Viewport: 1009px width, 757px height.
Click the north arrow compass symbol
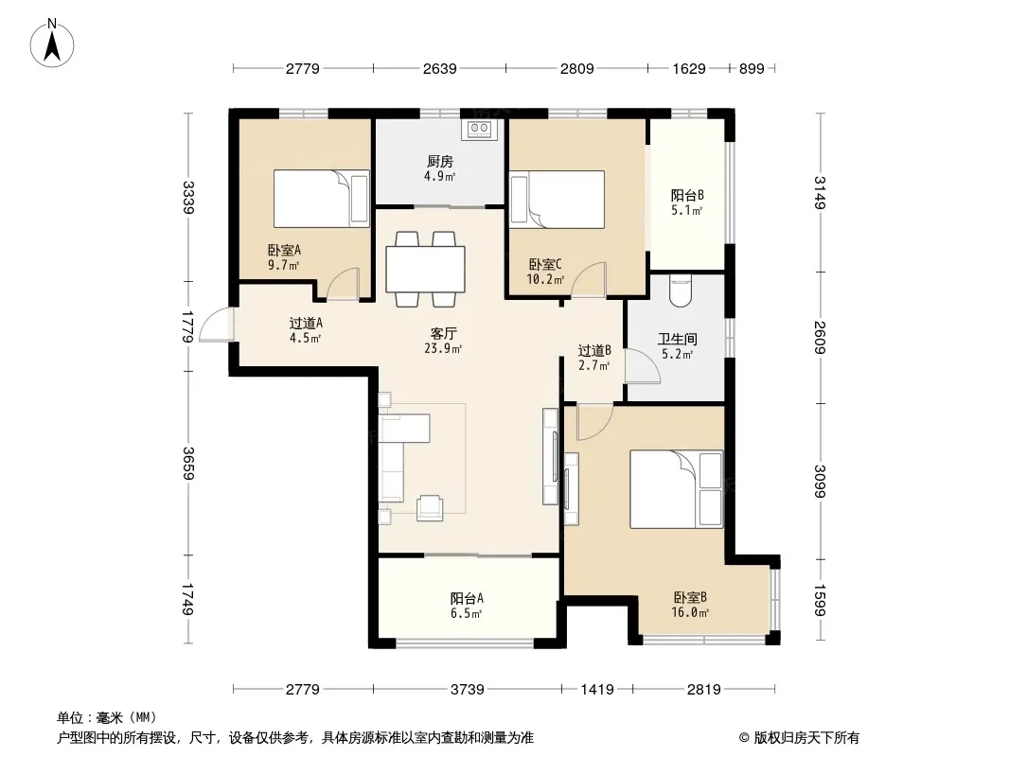tap(52, 44)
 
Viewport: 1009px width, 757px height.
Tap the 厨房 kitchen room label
tap(440, 161)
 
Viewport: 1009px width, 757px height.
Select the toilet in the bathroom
tap(681, 290)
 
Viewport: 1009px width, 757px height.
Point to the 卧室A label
tap(284, 250)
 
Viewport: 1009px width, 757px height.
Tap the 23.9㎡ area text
tap(443, 348)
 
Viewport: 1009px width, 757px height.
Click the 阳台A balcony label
tap(468, 598)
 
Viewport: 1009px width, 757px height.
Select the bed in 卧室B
tap(676, 489)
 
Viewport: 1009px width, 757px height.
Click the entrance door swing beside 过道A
tap(216, 325)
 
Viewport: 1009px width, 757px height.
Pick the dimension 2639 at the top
tap(439, 68)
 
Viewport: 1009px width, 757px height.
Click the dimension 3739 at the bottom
tap(468, 690)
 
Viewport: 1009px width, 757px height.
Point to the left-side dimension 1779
tap(188, 326)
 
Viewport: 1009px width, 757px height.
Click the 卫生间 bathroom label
tap(678, 339)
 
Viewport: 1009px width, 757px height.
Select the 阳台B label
tap(687, 195)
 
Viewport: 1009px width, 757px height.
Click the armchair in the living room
tap(430, 507)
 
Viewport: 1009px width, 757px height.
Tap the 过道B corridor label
tap(594, 350)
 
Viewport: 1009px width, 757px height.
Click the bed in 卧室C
tap(558, 200)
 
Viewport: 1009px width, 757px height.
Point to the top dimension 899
tap(752, 68)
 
